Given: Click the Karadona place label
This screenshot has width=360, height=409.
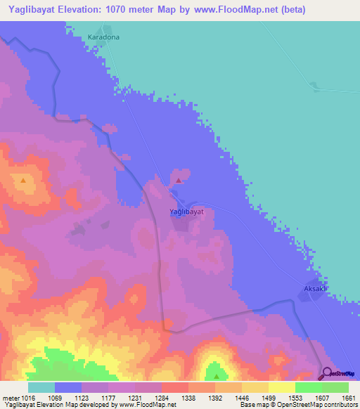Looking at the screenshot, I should click(104, 36).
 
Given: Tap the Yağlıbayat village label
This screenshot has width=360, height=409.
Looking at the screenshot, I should click(187, 211).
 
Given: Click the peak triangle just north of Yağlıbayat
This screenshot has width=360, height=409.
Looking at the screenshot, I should click(179, 181).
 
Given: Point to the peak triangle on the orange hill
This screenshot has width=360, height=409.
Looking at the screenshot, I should click(23, 180).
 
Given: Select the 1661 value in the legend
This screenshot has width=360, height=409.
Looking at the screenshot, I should click(340, 397).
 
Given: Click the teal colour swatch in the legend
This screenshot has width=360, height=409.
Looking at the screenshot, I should click(41, 387).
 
